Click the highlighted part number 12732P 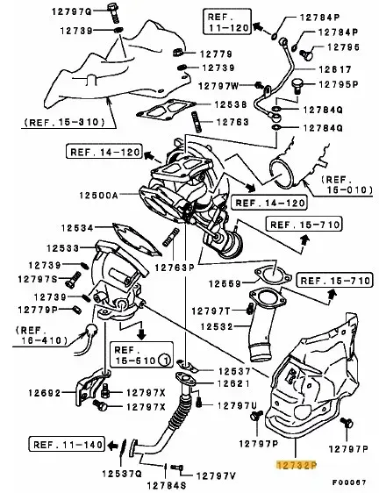point(297,465)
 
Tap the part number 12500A point(98,196)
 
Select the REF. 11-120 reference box point(227,21)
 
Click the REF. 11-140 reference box point(67,445)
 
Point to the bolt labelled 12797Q point(113,13)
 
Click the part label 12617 point(335,69)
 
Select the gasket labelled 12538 point(164,110)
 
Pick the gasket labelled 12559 point(272,275)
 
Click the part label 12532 point(217,326)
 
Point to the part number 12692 point(44,393)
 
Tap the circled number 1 point(165,361)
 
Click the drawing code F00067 point(349,482)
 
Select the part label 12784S point(167,485)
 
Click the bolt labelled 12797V point(176,468)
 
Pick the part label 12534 point(77,228)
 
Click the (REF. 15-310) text point(64,122)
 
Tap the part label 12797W point(219,85)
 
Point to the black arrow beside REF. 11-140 point(111,445)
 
